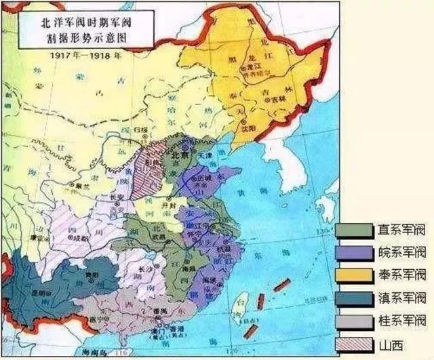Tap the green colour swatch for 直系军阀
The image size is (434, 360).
(x=354, y=231)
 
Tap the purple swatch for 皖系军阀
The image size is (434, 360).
(x=354, y=253)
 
